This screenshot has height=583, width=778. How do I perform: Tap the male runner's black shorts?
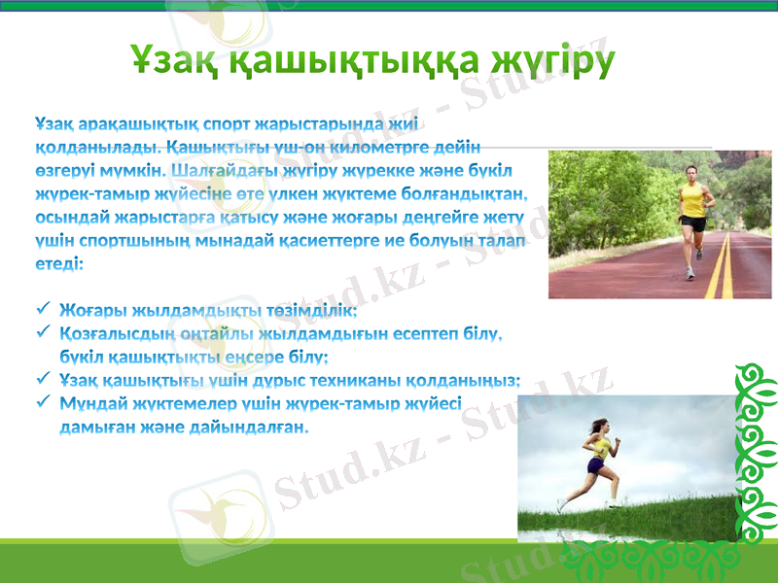(693, 223)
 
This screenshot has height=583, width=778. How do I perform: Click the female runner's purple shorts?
(594, 465)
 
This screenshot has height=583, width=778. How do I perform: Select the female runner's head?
(600, 427)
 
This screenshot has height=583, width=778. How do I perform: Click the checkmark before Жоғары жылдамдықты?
(42, 310)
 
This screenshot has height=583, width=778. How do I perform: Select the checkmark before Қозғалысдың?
(42, 333)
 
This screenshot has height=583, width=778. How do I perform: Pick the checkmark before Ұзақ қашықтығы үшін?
(42, 380)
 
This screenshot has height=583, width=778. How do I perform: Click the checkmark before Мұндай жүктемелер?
(42, 402)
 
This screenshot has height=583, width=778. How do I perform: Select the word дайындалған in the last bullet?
(248, 427)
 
